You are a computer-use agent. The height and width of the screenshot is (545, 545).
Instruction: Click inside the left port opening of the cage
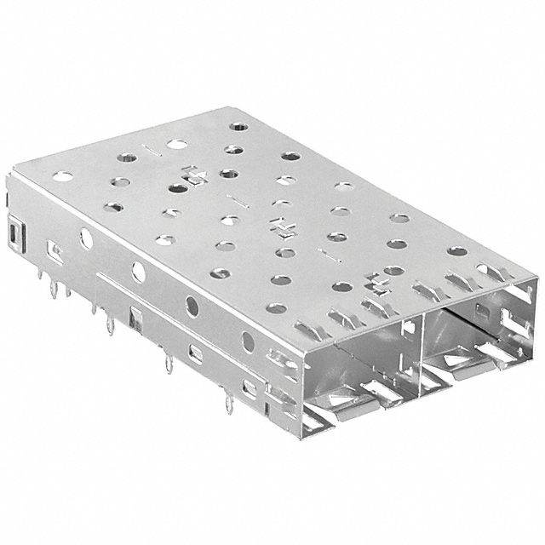pyautogui.click(x=358, y=358)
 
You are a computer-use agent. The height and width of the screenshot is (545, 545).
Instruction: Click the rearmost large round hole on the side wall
pyautogui.click(x=86, y=238)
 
